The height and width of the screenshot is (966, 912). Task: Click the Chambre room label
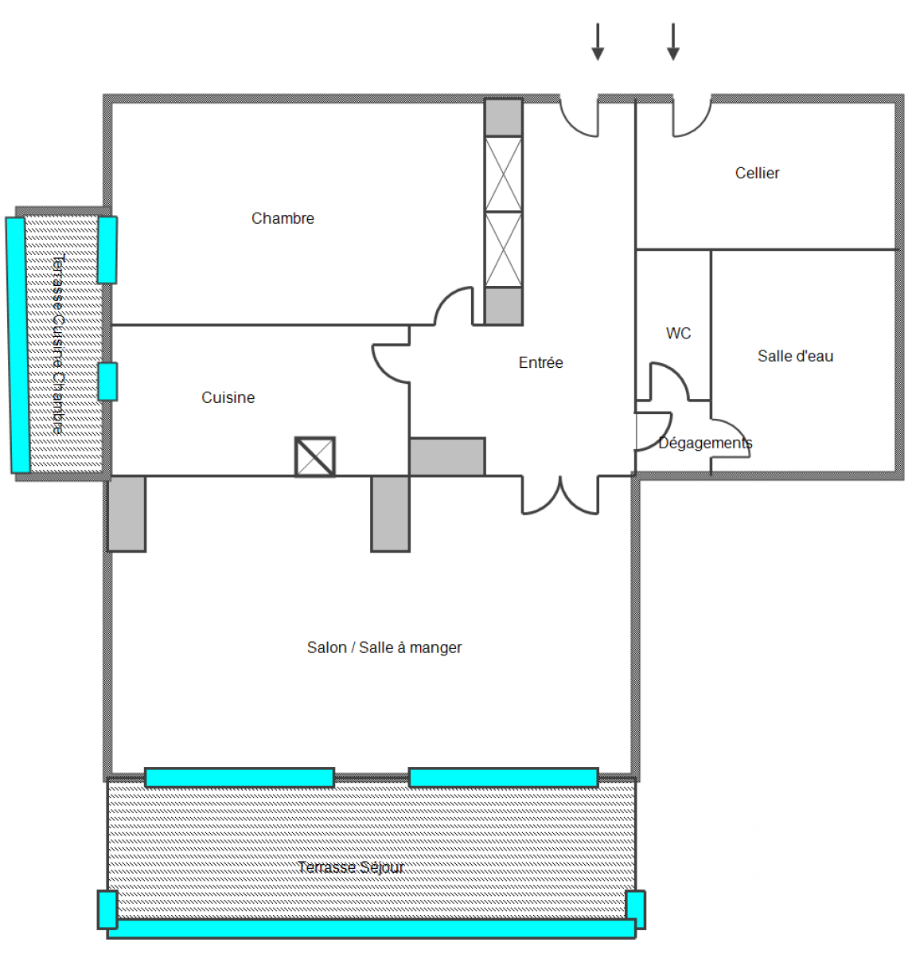283,218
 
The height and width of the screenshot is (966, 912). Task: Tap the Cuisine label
228,397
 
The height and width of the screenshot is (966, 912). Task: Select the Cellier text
757,173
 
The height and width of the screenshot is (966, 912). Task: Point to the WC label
678,333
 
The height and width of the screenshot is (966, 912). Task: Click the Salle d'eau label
795,356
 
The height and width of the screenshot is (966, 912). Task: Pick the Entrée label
540,362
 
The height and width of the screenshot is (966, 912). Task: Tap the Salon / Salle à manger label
384,647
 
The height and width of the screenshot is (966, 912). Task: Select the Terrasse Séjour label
350,867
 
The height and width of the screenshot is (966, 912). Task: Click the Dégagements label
705,443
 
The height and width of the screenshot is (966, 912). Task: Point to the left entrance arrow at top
598,42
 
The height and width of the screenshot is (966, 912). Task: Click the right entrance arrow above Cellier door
672,42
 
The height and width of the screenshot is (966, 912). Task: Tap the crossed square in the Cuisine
315,456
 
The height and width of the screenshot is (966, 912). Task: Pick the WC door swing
678,373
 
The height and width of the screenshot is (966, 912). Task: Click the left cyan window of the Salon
240,777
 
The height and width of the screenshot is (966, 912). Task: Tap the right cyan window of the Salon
503,777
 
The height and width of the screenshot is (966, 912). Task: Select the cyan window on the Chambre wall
107,250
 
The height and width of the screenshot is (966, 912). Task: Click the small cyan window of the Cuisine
107,381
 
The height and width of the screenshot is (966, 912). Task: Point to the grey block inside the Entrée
447,456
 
